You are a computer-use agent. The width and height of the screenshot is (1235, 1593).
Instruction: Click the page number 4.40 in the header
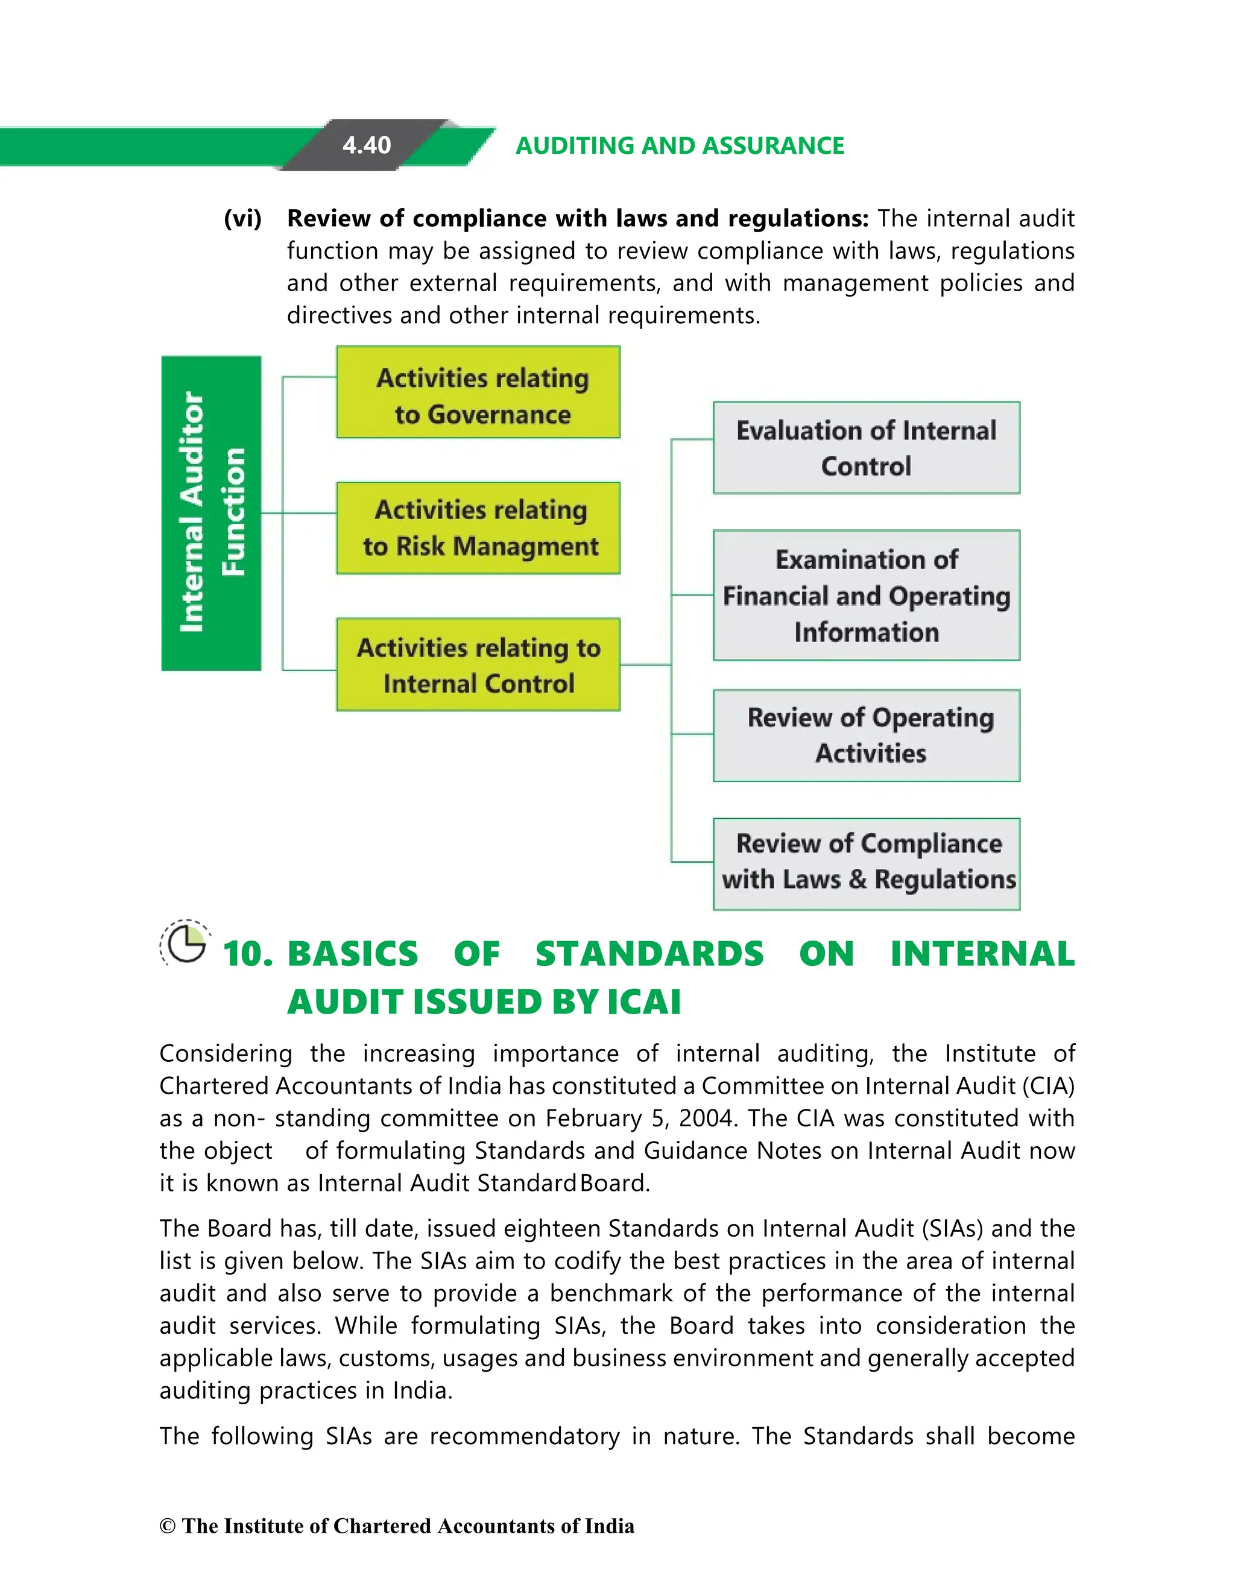tap(366, 145)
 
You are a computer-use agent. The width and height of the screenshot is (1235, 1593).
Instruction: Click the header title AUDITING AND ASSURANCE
tap(679, 146)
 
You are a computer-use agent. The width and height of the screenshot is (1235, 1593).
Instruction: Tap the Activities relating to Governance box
tap(478, 393)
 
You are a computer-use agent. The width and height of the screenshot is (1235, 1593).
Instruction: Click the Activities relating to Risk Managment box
tap(478, 528)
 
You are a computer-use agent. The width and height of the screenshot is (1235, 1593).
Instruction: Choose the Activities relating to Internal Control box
tap(478, 664)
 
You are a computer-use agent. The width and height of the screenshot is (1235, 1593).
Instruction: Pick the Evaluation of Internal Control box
tap(866, 448)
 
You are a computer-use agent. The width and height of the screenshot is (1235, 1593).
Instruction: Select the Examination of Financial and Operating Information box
tap(866, 595)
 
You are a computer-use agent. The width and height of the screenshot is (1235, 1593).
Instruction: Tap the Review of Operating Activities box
tap(866, 735)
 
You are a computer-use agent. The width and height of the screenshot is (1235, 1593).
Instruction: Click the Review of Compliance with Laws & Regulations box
tap(866, 863)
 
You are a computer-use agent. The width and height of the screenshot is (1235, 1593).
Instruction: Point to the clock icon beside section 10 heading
tap(185, 944)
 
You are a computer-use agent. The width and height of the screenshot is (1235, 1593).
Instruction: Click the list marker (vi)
tap(242, 218)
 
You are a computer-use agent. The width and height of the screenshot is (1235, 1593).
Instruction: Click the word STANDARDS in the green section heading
tap(649, 954)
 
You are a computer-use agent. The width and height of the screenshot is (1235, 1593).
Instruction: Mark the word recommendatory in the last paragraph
tap(525, 1436)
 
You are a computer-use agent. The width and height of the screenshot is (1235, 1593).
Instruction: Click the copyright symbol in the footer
tap(168, 1526)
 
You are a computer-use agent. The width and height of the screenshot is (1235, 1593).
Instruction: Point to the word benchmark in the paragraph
tap(611, 1293)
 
